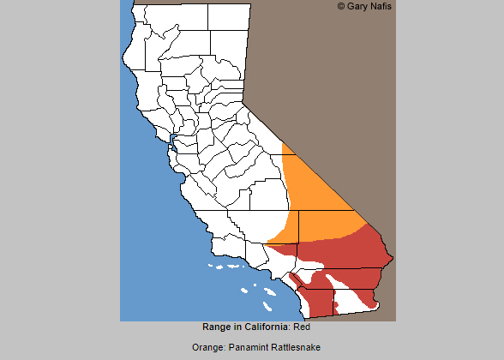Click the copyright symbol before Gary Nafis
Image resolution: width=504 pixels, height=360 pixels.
point(342,6)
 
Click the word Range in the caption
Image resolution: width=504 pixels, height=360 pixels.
point(217,327)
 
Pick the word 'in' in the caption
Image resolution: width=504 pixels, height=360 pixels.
point(238,327)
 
